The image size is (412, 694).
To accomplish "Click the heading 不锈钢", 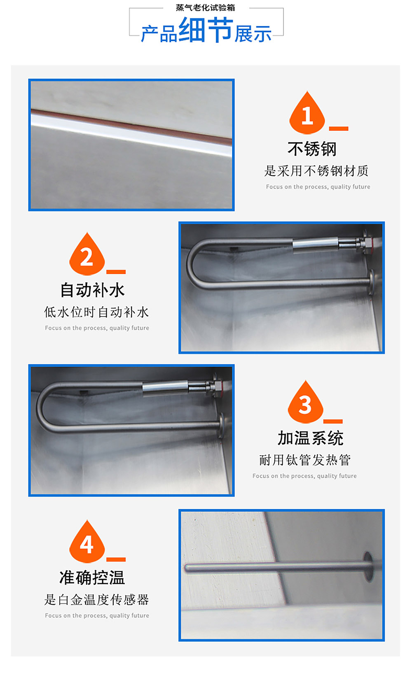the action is (312, 149).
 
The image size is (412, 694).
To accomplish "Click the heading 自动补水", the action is (92, 290).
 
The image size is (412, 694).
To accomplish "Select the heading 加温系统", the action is (310, 438).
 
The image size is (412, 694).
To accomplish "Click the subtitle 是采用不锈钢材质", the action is (316, 171).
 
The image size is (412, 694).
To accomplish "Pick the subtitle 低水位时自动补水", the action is (96, 312).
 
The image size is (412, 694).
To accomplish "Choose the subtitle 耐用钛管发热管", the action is (305, 460).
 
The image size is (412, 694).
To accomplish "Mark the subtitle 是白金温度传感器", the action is (96, 600).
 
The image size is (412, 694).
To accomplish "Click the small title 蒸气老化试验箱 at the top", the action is (205, 7).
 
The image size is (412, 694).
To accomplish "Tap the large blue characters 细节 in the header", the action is (206, 30).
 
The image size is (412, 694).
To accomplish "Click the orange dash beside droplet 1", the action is (339, 128).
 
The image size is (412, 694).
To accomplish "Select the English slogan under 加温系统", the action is (304, 475).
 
